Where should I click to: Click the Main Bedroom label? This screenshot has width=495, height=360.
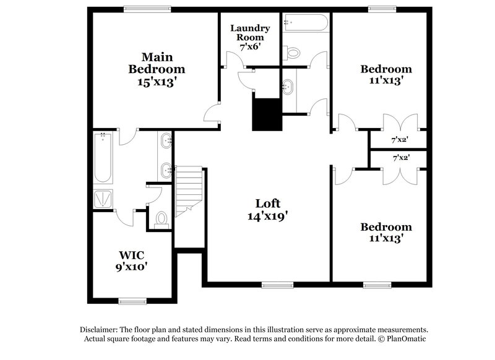[x=156, y=61]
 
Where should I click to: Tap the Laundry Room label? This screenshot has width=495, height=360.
[x=251, y=33]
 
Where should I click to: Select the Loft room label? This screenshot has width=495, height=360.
[x=269, y=203]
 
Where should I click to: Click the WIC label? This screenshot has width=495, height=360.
[x=133, y=254]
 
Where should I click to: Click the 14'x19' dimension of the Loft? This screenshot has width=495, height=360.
[x=269, y=216]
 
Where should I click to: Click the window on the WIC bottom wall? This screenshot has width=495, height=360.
[x=132, y=301]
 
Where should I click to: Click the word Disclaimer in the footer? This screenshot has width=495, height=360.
[x=100, y=330]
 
